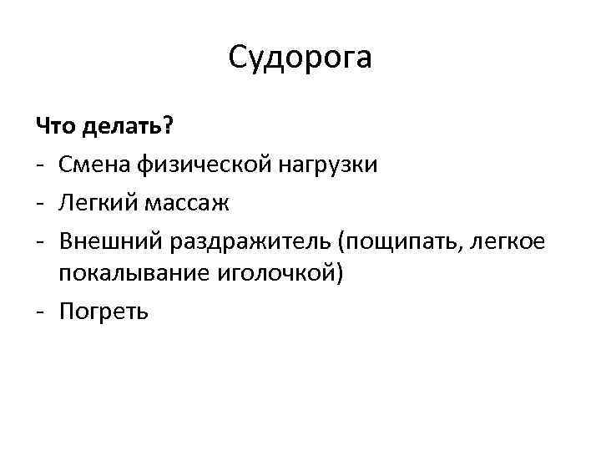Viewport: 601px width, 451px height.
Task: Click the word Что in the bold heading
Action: (x=54, y=127)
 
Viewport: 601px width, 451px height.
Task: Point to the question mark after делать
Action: (x=169, y=127)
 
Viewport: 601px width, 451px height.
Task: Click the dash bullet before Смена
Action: (x=40, y=166)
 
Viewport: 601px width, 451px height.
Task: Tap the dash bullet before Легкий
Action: (x=40, y=203)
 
